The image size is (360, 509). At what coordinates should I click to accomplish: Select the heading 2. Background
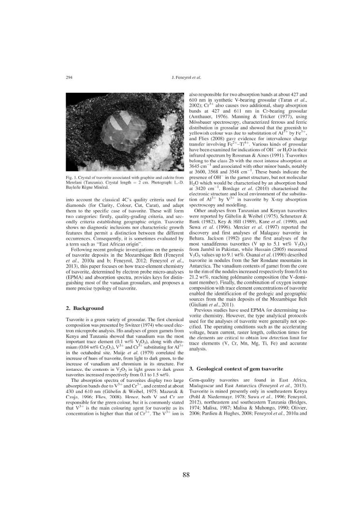[x=84, y=308]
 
